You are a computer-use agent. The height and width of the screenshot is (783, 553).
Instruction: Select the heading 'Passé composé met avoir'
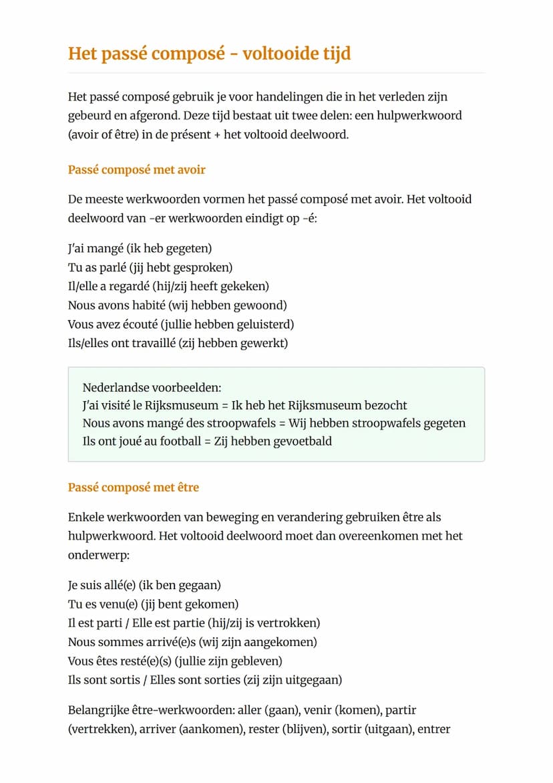(x=137, y=170)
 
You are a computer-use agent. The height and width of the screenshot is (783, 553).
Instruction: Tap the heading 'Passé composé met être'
(x=134, y=487)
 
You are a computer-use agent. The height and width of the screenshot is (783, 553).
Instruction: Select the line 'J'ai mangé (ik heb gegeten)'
(x=140, y=249)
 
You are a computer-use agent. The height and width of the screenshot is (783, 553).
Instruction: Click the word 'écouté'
(x=141, y=324)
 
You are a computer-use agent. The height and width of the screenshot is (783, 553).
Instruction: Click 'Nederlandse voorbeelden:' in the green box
(x=152, y=388)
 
